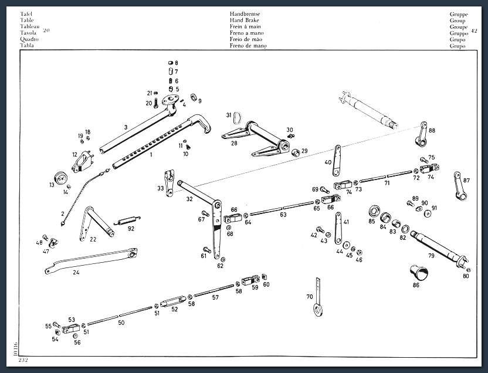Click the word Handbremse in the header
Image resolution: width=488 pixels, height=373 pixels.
(245, 13)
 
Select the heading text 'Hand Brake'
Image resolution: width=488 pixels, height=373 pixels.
(244, 20)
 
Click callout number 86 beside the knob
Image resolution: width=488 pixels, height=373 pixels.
(416, 286)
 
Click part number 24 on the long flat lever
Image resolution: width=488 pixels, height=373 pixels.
(76, 272)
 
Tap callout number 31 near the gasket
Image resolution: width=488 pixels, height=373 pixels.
(229, 116)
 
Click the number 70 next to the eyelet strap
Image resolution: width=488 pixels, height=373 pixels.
(310, 297)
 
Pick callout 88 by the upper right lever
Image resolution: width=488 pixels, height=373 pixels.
(432, 131)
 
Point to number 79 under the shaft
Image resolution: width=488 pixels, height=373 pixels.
(431, 255)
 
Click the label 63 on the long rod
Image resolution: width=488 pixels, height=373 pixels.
(283, 215)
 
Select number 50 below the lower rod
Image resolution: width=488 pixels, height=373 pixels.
(121, 323)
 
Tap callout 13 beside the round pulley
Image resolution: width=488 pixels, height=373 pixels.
(52, 185)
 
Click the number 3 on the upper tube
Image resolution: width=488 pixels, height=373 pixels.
(126, 127)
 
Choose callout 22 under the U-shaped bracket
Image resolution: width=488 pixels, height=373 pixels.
(93, 239)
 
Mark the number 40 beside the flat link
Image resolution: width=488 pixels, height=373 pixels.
(328, 162)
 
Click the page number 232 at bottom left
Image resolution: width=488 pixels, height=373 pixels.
(23, 359)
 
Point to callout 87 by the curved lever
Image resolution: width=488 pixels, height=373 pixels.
(467, 180)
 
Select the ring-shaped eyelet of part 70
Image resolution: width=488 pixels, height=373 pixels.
(317, 309)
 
